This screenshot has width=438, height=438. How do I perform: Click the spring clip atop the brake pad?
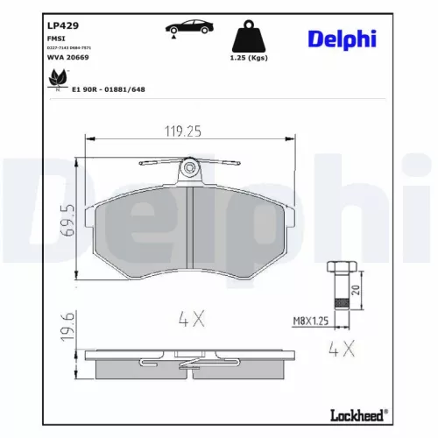(x=190, y=166)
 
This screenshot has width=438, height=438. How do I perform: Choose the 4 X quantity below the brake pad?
(x=190, y=319)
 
